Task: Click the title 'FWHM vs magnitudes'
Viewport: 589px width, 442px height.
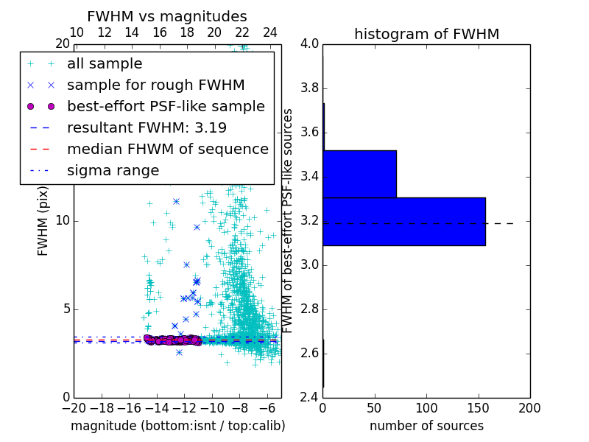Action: tap(167, 16)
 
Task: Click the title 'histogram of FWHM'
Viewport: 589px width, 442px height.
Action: tap(426, 34)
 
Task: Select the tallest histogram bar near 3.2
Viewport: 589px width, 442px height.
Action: tap(403, 221)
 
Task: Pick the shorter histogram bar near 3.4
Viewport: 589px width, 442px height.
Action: tap(359, 174)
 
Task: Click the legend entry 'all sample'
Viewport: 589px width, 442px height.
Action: tap(105, 64)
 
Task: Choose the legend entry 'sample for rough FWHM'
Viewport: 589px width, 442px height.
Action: tap(155, 85)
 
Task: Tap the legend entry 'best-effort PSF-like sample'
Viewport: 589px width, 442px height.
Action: tap(166, 106)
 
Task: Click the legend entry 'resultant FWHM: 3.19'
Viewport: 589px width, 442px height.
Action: tap(147, 127)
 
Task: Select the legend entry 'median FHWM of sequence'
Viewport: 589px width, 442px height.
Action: tap(167, 149)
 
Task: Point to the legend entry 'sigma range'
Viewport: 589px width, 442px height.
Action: tap(113, 170)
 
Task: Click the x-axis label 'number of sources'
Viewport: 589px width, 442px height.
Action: tap(426, 426)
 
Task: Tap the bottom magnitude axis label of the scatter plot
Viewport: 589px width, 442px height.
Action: tap(177, 426)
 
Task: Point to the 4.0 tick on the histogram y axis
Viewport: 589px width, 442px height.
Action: tap(309, 43)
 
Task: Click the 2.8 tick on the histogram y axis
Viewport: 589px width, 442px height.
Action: tap(309, 309)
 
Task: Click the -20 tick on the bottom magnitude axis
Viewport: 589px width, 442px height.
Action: tap(74, 408)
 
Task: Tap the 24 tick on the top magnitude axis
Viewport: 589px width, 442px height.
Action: tap(270, 32)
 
